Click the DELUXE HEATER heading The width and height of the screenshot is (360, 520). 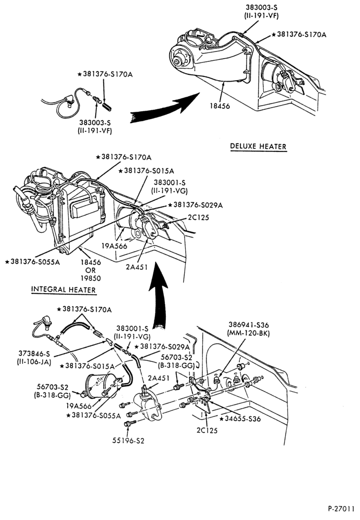[258, 146]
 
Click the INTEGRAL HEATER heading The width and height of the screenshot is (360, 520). [63, 289]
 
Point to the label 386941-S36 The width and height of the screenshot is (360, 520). [249, 324]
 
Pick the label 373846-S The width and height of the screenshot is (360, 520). [34, 354]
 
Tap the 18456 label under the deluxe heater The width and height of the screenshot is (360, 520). [220, 106]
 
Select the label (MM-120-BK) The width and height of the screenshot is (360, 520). [249, 333]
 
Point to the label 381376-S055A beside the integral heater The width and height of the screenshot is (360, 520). [33, 262]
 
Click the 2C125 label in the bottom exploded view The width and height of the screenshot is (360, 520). [207, 430]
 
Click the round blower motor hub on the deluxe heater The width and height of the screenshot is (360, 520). [178, 60]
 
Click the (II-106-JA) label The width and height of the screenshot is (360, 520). [34, 362]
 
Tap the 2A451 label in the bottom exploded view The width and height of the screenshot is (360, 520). [159, 378]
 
